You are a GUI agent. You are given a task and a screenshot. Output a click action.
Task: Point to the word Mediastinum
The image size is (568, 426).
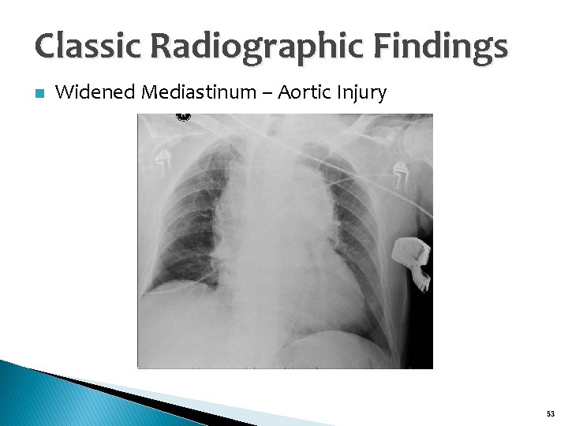click(x=199, y=92)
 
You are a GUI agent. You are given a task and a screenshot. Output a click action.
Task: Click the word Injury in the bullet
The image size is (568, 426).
click(x=361, y=92)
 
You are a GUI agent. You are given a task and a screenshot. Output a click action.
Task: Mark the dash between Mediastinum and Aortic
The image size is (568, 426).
click(x=266, y=93)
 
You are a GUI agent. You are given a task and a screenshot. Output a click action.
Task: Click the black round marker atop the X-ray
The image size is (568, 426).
click(x=183, y=117)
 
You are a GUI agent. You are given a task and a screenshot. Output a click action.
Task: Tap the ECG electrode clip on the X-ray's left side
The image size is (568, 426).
click(x=164, y=161)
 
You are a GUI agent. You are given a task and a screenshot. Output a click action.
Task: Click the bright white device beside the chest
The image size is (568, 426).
click(x=413, y=260)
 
